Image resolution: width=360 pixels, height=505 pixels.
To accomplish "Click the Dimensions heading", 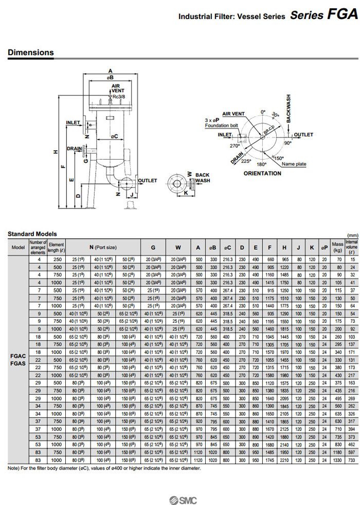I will point(30,53).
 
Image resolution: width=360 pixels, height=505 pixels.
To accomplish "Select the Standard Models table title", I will point(32,234).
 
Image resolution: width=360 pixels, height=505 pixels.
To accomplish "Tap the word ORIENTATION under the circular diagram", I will point(262,173).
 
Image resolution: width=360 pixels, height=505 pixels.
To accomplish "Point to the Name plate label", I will point(294,164).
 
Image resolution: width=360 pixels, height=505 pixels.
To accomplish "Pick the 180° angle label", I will point(262,165).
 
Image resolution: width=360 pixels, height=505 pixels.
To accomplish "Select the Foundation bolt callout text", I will point(221,126).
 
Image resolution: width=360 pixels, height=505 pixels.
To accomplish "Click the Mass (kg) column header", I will point(337,248).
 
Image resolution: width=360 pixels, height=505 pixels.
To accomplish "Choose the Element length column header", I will point(56,248).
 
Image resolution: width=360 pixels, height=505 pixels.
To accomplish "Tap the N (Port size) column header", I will point(103,248).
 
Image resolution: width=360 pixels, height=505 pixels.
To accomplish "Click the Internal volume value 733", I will point(352,460).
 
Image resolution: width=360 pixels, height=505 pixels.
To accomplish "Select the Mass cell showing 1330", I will point(337,460).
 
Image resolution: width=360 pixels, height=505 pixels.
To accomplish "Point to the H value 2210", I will point(284,460).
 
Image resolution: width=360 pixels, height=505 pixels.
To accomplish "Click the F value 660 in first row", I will point(271,259).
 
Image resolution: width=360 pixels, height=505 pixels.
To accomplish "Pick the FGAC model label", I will point(18,356).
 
